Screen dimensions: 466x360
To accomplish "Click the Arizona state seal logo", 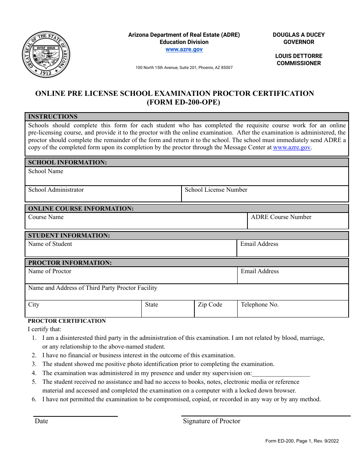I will (46, 55).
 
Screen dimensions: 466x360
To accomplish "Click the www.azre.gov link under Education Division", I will (184, 49).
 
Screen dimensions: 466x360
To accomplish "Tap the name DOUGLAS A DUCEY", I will (299, 34).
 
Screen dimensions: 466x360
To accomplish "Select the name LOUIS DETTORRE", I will (299, 56).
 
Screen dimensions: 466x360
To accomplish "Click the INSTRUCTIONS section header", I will (53, 116).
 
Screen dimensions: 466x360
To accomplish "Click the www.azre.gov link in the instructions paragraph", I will (291, 147).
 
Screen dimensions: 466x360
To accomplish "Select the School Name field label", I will (45, 171).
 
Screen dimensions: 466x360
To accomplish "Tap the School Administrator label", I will (56, 190).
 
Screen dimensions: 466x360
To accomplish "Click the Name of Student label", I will (50, 244).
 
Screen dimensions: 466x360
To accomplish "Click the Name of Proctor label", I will (50, 271).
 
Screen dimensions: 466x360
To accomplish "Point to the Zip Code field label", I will (210, 305).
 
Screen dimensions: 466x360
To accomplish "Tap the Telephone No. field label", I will (260, 305).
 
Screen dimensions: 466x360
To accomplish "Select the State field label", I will (151, 305).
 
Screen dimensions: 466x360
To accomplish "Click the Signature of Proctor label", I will (211, 421).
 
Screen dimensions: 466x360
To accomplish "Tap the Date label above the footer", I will (41, 421).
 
